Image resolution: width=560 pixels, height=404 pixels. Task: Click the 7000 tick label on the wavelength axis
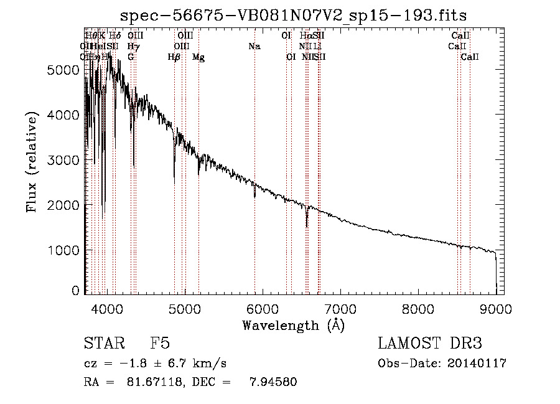(x=340, y=308)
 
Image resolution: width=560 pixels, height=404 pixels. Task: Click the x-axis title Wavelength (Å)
(x=293, y=325)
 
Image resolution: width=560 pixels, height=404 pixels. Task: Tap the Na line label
(x=254, y=46)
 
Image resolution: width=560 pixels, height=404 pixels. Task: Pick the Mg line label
(x=198, y=57)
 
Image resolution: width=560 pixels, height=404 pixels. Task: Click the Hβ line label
(x=174, y=57)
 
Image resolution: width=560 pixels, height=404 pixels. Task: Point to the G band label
(x=131, y=57)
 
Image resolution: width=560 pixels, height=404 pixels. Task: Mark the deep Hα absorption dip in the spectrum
(x=306, y=223)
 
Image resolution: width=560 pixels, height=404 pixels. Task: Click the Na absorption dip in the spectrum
(x=254, y=194)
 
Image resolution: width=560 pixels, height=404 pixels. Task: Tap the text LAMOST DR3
(x=429, y=344)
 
